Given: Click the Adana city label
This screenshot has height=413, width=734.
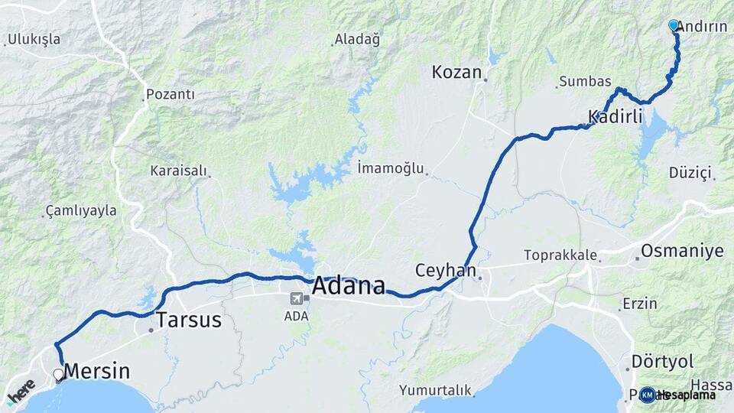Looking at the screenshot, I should [x=349, y=287].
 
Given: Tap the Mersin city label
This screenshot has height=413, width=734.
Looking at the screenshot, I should [x=96, y=372].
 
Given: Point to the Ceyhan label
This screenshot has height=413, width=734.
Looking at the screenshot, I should [x=446, y=271].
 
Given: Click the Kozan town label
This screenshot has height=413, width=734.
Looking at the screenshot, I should [x=456, y=73].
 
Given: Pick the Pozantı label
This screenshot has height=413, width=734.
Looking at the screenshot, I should [x=171, y=95].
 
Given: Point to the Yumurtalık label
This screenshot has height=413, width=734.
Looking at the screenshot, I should [x=434, y=390].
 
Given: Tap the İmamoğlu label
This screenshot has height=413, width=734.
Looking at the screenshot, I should [x=390, y=168].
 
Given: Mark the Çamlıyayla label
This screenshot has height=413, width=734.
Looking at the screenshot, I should [x=80, y=210].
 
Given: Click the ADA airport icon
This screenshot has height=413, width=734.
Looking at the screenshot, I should [x=297, y=298].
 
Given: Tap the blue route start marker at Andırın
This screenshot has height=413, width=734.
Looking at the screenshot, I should [x=674, y=25].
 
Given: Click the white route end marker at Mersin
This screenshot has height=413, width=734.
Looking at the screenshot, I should [x=58, y=375].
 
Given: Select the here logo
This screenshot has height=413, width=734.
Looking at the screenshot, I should [x=21, y=390].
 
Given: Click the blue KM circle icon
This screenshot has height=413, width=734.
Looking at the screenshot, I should [x=647, y=395].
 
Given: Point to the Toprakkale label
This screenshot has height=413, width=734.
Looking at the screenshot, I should [x=560, y=255].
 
